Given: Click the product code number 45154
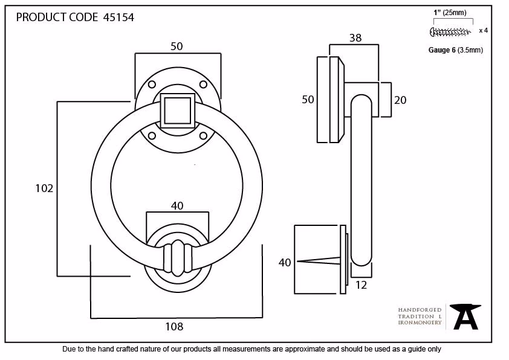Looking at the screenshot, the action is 118,17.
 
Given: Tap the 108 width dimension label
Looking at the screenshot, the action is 174,326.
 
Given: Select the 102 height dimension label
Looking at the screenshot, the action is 44,188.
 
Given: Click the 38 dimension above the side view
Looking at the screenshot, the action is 355,38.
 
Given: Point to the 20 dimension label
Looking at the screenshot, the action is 400,100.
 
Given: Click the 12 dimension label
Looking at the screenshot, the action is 361,285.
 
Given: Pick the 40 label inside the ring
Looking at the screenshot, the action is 177,205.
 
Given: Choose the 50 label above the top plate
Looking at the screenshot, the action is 177,46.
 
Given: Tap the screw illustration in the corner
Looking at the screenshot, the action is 450,32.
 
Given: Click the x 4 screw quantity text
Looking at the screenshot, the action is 484,30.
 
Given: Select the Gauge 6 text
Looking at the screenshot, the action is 442,50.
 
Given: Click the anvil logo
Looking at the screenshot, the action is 465,317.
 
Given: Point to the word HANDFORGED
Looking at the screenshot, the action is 420,310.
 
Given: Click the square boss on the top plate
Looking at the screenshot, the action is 178,111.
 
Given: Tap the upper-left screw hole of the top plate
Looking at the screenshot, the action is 152,85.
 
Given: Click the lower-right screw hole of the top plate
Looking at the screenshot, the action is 204,135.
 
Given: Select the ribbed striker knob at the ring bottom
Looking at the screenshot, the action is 178,258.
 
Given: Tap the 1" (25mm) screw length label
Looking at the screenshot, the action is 450,13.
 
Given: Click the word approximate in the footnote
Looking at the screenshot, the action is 305,349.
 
